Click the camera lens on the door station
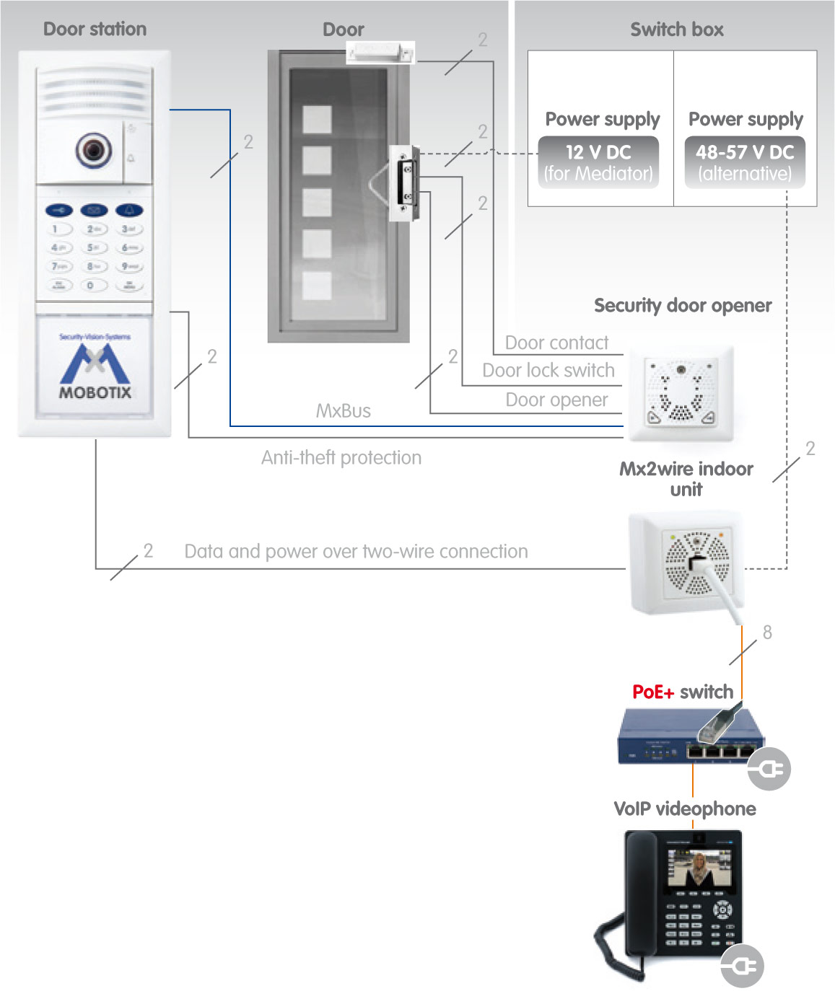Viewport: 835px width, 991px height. (94, 150)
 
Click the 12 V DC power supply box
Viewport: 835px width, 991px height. (598, 162)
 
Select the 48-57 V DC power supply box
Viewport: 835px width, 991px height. (745, 162)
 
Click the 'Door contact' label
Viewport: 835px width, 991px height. (556, 343)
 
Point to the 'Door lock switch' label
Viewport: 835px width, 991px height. (548, 370)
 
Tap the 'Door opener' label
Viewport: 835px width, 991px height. (556, 400)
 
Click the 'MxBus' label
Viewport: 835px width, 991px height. (344, 411)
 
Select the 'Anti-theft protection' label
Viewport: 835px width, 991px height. (341, 457)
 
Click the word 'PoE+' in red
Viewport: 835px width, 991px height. (652, 692)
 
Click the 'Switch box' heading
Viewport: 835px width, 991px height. (676, 30)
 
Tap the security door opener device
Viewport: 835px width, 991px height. (680, 394)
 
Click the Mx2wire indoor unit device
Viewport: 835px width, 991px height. (686, 563)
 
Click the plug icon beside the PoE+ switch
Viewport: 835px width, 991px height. (769, 770)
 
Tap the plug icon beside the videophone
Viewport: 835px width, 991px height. (742, 965)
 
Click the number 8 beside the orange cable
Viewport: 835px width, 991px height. (767, 633)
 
